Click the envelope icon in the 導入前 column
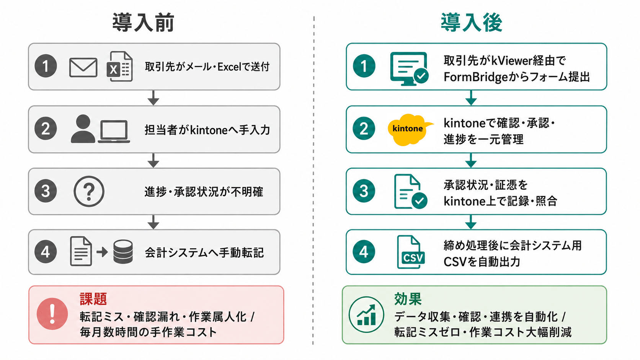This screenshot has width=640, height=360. tap(83, 67)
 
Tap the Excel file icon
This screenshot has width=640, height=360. tap(120, 66)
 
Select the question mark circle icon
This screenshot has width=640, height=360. tap(89, 191)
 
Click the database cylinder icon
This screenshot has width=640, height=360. tap(123, 251)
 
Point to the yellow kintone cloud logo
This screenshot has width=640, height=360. tap(410, 129)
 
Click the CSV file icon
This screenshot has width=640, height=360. tap(411, 252)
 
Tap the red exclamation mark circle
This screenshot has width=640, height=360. tap(52, 314)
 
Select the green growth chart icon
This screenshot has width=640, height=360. tap(366, 314)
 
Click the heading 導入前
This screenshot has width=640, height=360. tap(143, 22)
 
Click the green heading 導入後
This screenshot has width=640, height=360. tap(472, 22)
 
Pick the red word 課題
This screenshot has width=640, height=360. tap(93, 299)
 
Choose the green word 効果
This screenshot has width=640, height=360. tap(408, 299)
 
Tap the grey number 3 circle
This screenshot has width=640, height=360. tap(46, 191)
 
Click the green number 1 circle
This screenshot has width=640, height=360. tap(364, 66)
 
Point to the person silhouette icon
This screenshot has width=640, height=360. tap(83, 129)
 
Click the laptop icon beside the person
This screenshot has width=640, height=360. tap(114, 131)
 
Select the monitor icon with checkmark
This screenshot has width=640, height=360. tap(409, 69)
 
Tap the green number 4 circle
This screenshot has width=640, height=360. tap(364, 252)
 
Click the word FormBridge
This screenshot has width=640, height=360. tap(472, 77)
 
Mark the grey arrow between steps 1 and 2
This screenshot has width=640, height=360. tap(153, 98)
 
